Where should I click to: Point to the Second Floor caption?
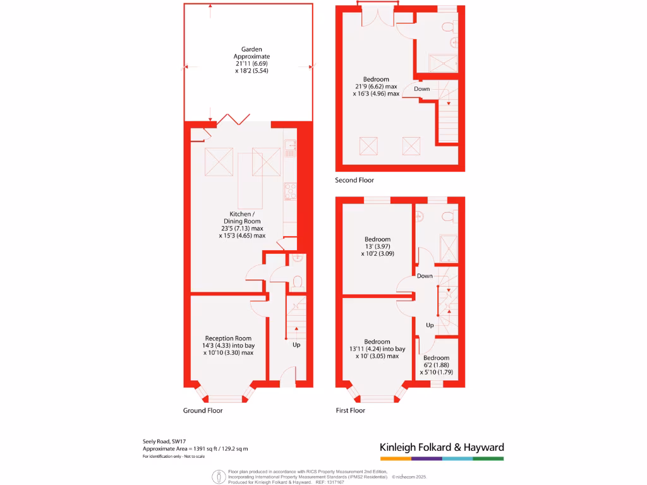pyautogui.click(x=354, y=180)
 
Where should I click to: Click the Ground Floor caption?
pyautogui.click(x=203, y=410)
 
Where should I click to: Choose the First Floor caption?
pyautogui.click(x=350, y=410)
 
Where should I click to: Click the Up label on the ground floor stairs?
pyautogui.click(x=296, y=345)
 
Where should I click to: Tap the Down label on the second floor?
pyautogui.click(x=422, y=89)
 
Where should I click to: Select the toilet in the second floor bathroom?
pyautogui.click(x=448, y=27)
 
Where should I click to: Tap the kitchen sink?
pyautogui.click(x=290, y=149)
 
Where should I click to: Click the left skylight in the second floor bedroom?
pyautogui.click(x=368, y=147)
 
